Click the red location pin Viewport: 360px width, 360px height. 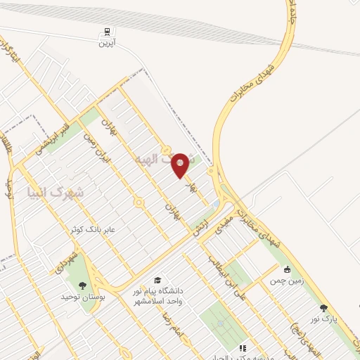coord(181,165)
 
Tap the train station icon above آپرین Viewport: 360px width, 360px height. coord(106,32)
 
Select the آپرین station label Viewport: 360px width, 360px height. coord(106,42)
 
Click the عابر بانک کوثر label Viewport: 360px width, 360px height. coord(97,229)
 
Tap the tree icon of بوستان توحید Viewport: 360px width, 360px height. coord(83,285)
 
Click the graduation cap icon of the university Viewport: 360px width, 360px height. coord(157,280)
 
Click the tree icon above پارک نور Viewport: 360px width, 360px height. coord(323,307)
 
